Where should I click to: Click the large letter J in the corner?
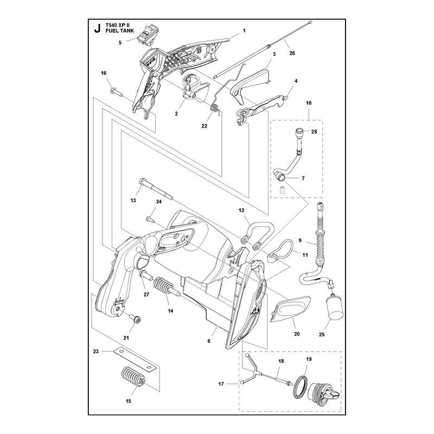click(x=97, y=28)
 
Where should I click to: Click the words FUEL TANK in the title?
click(x=120, y=31)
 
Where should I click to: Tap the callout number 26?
click(x=292, y=53)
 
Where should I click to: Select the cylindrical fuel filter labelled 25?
click(x=333, y=307)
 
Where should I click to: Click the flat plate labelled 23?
click(x=135, y=359)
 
